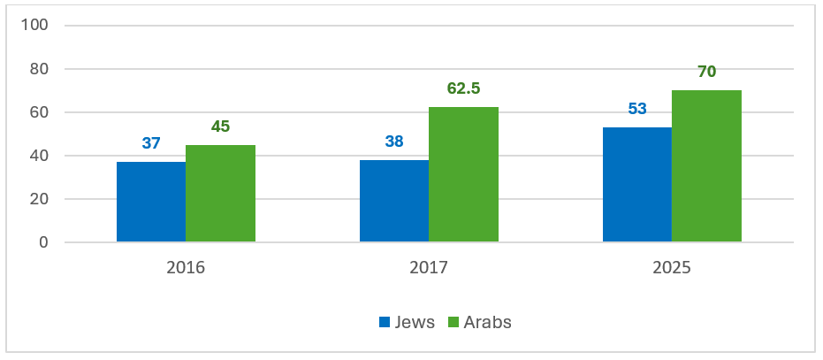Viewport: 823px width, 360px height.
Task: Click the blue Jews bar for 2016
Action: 151,202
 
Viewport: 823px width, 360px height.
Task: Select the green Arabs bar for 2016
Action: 220,194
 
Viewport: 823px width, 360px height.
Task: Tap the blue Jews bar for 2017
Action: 394,201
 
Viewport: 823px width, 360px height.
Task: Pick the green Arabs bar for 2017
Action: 463,174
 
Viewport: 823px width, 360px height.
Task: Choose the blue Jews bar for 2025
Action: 637,185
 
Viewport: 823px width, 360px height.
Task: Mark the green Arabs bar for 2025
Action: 706,166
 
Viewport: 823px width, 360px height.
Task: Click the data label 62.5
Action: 463,88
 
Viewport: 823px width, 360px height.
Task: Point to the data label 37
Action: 151,143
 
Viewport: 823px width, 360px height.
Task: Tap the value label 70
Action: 706,72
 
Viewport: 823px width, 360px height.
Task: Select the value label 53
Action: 637,109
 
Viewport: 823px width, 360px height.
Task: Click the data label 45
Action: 220,126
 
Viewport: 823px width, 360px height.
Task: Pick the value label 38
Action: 394,142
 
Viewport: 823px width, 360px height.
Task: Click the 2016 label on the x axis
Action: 186,266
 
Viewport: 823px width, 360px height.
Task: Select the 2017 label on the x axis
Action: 429,266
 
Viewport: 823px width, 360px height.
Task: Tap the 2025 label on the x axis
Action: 672,266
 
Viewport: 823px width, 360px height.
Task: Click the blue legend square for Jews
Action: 385,322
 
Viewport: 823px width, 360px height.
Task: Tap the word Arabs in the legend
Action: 488,322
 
